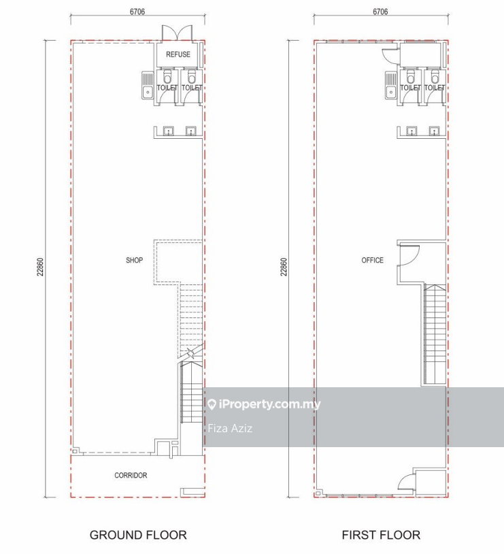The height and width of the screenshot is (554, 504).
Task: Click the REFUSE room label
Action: pos(178,54)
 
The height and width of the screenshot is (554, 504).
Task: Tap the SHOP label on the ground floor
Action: pos(134,260)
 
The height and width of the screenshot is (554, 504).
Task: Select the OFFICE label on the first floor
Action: pos(372,260)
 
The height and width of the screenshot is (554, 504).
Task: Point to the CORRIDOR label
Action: pos(131,475)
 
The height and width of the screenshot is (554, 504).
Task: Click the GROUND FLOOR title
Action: pos(138,535)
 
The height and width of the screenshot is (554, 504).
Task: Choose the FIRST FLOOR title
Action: pos(381,535)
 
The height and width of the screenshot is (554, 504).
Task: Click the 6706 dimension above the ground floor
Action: pos(137,12)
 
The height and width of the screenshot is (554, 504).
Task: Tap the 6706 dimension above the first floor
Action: pos(380,12)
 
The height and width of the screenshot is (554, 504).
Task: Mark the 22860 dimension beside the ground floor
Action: pos(40,267)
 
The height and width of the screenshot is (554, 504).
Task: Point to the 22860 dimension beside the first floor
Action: pos(284,267)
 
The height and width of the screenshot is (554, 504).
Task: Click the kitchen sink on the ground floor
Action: pos(148,85)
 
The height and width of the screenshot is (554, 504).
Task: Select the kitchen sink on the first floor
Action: pos(390,85)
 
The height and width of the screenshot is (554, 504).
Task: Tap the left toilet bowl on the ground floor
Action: pos(167,76)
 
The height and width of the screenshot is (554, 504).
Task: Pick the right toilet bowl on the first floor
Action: pos(435,76)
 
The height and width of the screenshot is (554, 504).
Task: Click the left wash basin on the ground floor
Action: pos(169,131)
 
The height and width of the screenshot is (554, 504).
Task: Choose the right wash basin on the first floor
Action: pos(434,131)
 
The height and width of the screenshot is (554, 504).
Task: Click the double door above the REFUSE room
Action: pos(177,33)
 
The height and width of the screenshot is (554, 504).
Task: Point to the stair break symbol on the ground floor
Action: pos(190,353)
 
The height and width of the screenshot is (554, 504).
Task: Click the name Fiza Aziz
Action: pos(230,428)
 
